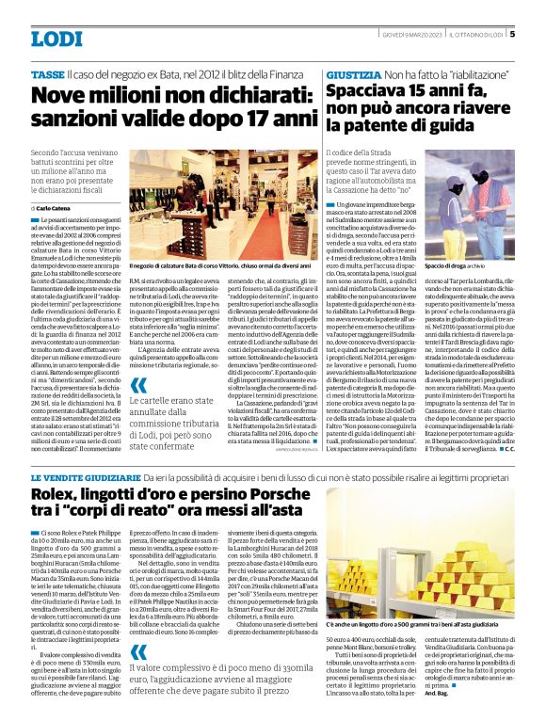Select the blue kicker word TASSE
point(46,72)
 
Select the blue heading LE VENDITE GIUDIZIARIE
point(81,477)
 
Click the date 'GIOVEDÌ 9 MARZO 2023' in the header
point(408,34)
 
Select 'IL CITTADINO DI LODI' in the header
point(475,34)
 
